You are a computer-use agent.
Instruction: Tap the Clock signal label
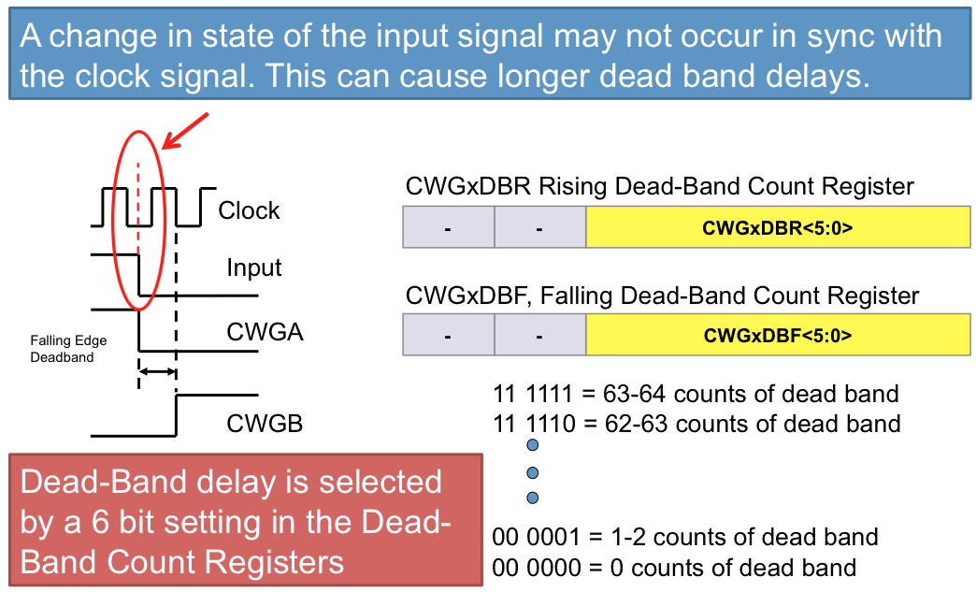pos(249,210)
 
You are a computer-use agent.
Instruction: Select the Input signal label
pos(253,268)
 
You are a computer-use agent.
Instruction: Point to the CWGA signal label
pos(265,331)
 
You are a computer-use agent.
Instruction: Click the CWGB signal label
pos(265,424)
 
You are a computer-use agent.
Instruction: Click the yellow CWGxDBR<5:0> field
pos(777,226)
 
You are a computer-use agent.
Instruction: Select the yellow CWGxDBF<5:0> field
pos(777,335)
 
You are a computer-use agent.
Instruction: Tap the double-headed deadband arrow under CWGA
pos(157,371)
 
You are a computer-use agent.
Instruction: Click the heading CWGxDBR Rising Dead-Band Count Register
pos(659,186)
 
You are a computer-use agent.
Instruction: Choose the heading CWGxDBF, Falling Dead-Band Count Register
pos(662,296)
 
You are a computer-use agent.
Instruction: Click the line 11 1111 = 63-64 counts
pos(696,394)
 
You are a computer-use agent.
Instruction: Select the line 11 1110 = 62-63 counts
pos(696,424)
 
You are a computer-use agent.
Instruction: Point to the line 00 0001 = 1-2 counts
pos(684,537)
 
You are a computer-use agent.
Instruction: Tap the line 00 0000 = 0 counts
pos(674,567)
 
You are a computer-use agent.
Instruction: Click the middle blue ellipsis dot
pos(533,472)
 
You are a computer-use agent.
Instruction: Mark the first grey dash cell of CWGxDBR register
pos(448,227)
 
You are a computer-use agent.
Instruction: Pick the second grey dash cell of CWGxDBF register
pos(539,335)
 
